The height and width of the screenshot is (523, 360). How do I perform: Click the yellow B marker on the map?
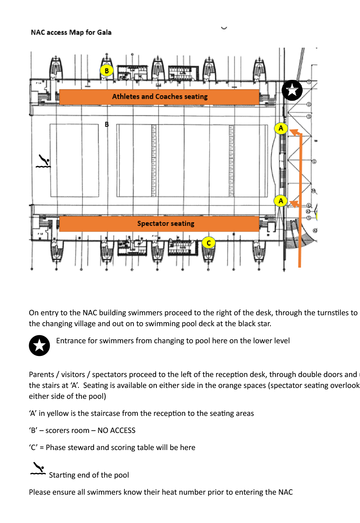[107, 70]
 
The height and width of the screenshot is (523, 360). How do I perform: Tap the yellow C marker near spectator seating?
[209, 243]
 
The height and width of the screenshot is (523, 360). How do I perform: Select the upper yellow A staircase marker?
[281, 128]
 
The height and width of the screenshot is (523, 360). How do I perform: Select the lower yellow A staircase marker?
[281, 201]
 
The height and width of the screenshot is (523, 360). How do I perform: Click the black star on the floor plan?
[292, 90]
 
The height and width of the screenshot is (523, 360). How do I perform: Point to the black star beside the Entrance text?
[39, 345]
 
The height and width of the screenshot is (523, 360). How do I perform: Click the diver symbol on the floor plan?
[43, 161]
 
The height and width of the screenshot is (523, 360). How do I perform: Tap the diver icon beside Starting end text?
[38, 469]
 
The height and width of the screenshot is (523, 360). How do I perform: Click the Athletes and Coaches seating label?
[160, 97]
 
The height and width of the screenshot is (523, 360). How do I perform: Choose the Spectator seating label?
[165, 224]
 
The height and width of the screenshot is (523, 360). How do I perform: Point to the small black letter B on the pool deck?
[107, 124]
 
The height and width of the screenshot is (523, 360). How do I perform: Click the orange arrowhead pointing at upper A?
[294, 132]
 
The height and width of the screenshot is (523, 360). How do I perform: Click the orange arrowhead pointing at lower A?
[294, 204]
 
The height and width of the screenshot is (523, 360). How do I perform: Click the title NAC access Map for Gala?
[71, 32]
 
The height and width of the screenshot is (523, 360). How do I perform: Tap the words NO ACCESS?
[116, 430]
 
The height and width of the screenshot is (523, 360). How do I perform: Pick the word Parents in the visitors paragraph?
[41, 374]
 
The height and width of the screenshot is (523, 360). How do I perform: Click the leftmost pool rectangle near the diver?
[74, 160]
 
